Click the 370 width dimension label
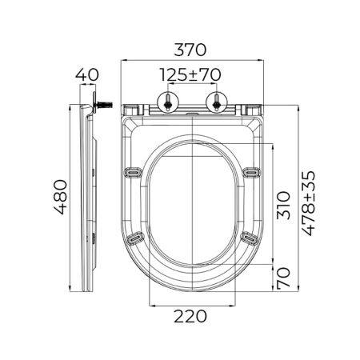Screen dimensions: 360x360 pyautogui.click(x=190, y=50)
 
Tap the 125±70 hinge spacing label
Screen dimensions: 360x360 pyautogui.click(x=190, y=75)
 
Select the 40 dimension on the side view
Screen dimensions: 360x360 pyautogui.click(x=87, y=75)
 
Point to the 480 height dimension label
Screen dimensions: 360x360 pyautogui.click(x=61, y=197)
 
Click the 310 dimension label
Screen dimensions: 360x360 pyautogui.click(x=283, y=205)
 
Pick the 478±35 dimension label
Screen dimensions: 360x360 pyautogui.click(x=309, y=203)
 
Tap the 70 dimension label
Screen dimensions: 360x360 pyautogui.click(x=283, y=278)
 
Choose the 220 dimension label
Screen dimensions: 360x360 pyautogui.click(x=190, y=317)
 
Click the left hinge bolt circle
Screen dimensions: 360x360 pyautogui.click(x=168, y=102)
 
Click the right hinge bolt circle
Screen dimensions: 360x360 pyautogui.click(x=217, y=102)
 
